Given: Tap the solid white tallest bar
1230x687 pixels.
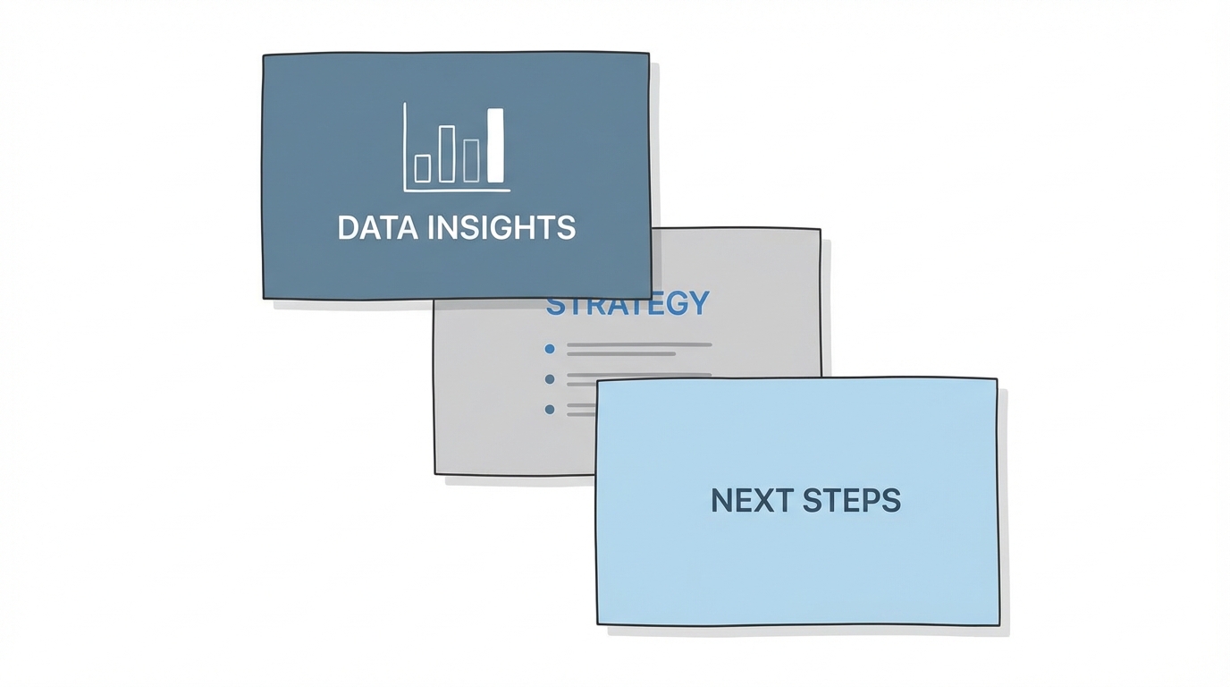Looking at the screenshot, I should pyautogui.click(x=495, y=145).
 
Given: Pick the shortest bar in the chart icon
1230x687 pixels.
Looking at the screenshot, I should pyautogui.click(x=423, y=167).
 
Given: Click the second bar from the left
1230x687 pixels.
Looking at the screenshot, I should pyautogui.click(x=447, y=154).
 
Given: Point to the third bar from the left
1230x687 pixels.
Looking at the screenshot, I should pyautogui.click(x=471, y=160).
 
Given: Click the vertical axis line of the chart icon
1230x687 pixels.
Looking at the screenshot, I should pyautogui.click(x=404, y=148).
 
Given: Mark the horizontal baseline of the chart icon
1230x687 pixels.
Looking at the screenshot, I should pyautogui.click(x=457, y=190).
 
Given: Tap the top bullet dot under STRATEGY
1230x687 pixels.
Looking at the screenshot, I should pyautogui.click(x=550, y=349).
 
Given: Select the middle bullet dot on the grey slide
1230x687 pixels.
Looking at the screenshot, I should pyautogui.click(x=550, y=379).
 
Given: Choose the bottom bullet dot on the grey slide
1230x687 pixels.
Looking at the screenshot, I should pyautogui.click(x=550, y=410).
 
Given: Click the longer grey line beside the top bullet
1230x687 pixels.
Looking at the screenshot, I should pyautogui.click(x=639, y=344).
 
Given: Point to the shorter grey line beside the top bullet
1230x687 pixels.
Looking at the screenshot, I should pyautogui.click(x=621, y=354).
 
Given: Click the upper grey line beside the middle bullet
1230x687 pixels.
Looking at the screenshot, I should pyautogui.click(x=639, y=375).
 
